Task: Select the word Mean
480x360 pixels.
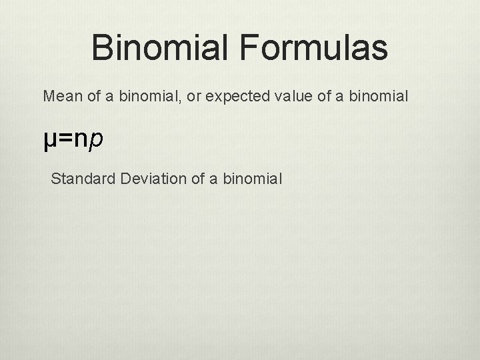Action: [59, 97]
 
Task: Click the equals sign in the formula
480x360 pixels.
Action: [65, 141]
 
